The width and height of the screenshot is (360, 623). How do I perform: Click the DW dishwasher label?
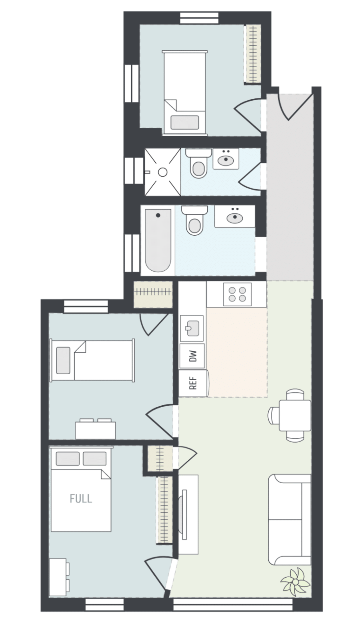click(x=193, y=356)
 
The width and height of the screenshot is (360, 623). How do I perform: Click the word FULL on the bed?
click(x=81, y=499)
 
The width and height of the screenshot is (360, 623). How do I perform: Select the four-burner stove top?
click(x=237, y=294)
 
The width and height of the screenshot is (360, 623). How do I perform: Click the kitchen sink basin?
click(x=192, y=328)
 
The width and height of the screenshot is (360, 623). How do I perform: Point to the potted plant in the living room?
click(x=295, y=582)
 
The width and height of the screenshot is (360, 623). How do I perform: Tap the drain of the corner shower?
click(x=163, y=172)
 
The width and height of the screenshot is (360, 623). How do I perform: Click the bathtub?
click(x=158, y=240)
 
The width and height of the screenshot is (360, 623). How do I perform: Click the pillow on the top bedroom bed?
click(x=184, y=122)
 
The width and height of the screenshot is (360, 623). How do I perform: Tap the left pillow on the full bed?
click(x=67, y=459)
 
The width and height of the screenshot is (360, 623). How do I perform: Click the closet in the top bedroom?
click(x=253, y=54)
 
